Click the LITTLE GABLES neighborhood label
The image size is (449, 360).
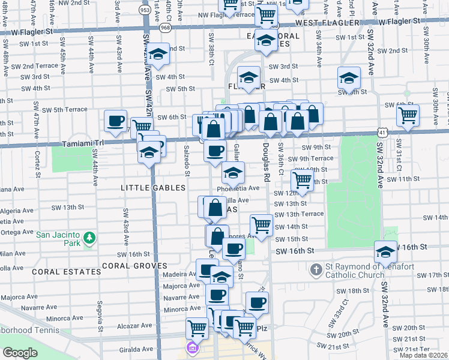(153, 188)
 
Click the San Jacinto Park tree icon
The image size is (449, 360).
(89, 238)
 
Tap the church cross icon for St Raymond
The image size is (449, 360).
(316, 270)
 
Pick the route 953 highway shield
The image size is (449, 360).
(145, 10)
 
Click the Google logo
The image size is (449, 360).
(20, 353)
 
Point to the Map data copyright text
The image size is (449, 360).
(423, 355)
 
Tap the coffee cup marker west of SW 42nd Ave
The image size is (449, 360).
(115, 121)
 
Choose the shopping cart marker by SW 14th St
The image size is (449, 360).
(261, 225)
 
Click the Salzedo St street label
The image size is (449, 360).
(187, 161)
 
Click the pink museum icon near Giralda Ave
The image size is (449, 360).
(191, 347)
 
